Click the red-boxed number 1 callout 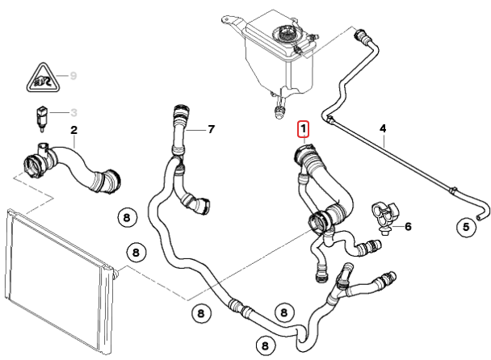coord(304,128)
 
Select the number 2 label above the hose coord(73,129)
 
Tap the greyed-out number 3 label coord(73,112)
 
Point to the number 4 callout coord(383,128)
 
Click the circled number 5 coord(466,228)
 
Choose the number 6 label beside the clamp coord(408,227)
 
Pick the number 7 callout coord(211,128)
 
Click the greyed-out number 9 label coord(73,76)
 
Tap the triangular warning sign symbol coord(40,78)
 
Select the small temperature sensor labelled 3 coord(39,117)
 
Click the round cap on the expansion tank coord(286,35)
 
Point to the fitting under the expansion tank coord(279,105)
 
